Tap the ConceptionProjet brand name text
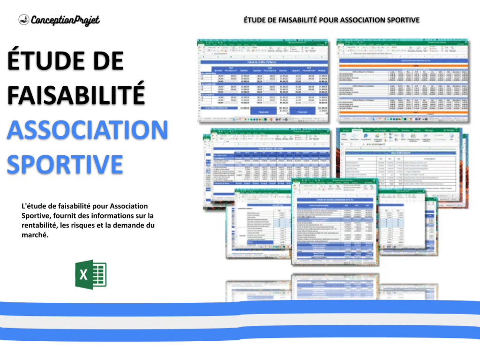pyautogui.click(x=65, y=20)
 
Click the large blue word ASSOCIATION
pyautogui.click(x=87, y=130)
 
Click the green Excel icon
pyautogui.click(x=91, y=274)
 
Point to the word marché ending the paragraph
pyautogui.click(x=35, y=236)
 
